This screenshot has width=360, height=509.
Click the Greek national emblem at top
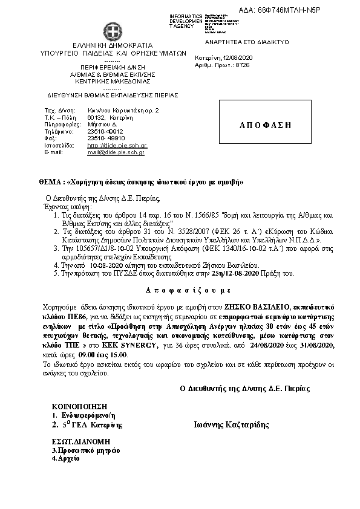click(x=112, y=31)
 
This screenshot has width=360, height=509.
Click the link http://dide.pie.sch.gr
click(x=117, y=146)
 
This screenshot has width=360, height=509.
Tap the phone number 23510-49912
click(x=105, y=131)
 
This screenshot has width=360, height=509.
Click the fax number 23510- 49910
click(x=106, y=138)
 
